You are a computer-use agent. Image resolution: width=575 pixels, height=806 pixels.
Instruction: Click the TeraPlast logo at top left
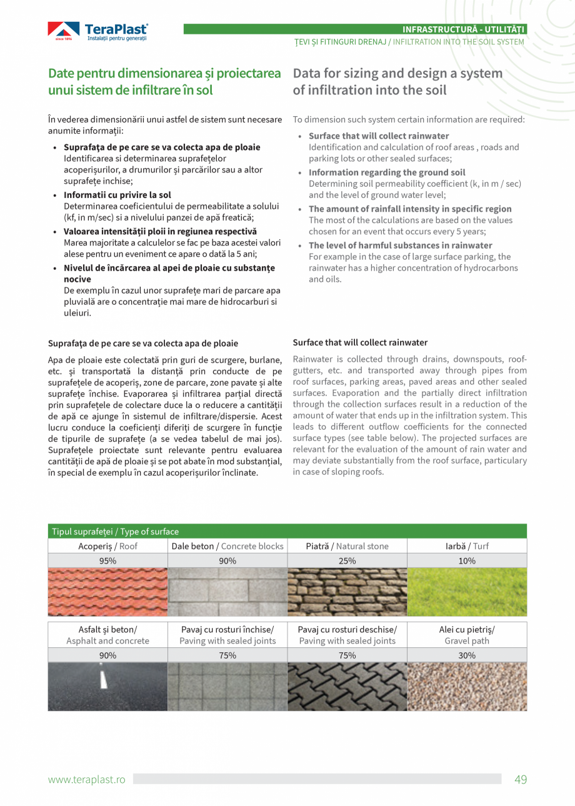pyautogui.click(x=98, y=31)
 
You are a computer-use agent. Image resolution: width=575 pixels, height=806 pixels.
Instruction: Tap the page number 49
pyautogui.click(x=521, y=779)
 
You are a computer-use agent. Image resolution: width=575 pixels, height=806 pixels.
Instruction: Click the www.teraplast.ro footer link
pyautogui.click(x=87, y=780)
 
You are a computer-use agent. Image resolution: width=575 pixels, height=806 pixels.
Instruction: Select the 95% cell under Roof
pyautogui.click(x=107, y=560)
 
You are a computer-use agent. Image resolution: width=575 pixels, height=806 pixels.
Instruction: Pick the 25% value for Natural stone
pyautogui.click(x=347, y=560)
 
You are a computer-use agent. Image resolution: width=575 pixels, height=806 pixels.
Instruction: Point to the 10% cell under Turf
pyautogui.click(x=466, y=560)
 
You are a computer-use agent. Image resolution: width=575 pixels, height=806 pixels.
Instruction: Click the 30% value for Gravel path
pyautogui.click(x=466, y=655)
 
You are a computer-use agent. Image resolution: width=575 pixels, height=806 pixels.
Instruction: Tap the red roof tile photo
pyautogui.click(x=107, y=592)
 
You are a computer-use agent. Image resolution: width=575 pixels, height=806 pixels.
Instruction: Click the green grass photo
pyautogui.click(x=466, y=592)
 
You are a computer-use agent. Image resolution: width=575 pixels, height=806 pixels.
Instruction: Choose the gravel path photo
pyautogui.click(x=466, y=686)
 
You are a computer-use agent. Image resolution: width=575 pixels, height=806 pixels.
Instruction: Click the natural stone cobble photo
pyautogui.click(x=347, y=592)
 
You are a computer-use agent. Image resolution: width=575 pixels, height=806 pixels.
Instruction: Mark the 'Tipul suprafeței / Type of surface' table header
pyautogui.click(x=116, y=532)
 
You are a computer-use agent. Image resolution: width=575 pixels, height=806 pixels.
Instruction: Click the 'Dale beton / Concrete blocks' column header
pyautogui.click(x=227, y=546)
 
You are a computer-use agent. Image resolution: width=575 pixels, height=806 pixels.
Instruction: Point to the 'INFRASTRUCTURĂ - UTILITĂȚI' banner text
pyautogui.click(x=464, y=29)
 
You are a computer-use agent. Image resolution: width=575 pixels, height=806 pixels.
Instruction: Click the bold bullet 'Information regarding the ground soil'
pyautogui.click(x=387, y=172)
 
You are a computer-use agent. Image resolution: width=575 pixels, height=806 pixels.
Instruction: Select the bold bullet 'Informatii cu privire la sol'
pyautogui.click(x=117, y=195)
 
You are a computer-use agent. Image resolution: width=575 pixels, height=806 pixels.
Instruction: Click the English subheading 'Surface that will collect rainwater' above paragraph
pyautogui.click(x=360, y=342)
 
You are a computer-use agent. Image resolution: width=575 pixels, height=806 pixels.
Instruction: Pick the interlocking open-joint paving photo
pyautogui.click(x=347, y=686)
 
